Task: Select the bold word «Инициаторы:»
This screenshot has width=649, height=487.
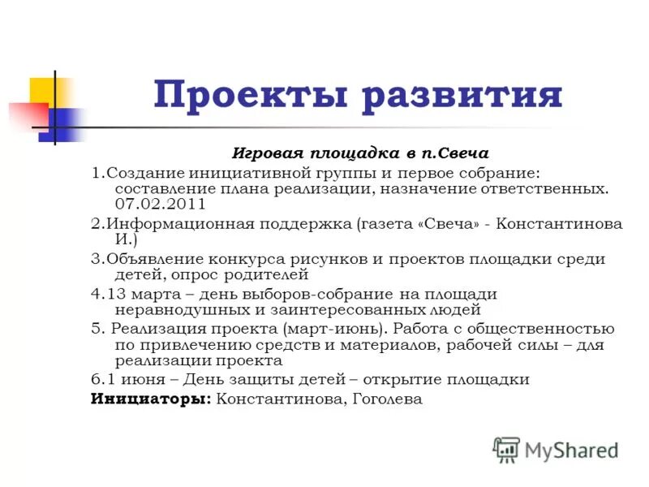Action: click(151, 399)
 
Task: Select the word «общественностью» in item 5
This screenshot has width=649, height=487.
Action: click(552, 329)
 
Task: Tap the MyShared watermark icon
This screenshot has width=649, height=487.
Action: click(506, 450)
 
